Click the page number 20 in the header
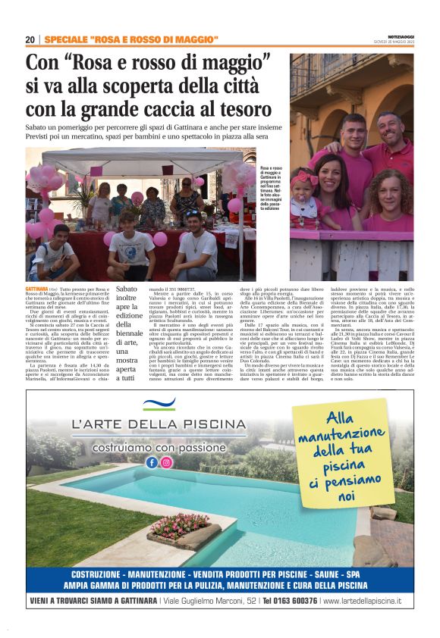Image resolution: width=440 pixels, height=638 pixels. click(30, 39)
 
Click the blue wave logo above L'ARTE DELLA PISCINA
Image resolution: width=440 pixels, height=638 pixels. click(159, 403)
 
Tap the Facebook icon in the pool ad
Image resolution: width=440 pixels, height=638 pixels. click(152, 462)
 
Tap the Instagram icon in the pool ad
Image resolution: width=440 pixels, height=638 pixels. click(166, 462)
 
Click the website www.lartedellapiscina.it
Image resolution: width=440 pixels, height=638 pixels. click(362, 601)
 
